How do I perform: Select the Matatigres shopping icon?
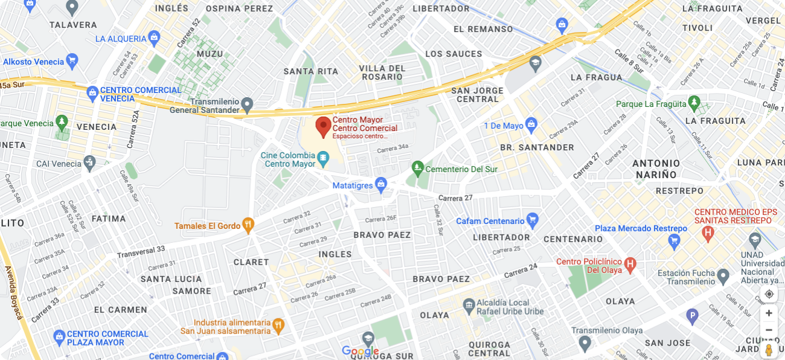[x=380, y=185]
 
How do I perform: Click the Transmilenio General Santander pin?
[x=246, y=106]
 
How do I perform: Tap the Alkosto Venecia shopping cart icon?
[x=72, y=61]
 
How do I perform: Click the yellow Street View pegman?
[x=769, y=350]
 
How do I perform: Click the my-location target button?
[x=769, y=294]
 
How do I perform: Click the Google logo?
[x=360, y=352]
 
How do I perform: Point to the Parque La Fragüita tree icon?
[x=694, y=104]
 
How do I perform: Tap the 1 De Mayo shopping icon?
[x=531, y=126]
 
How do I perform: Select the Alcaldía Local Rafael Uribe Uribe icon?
[x=469, y=306]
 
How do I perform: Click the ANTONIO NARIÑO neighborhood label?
[x=656, y=169]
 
